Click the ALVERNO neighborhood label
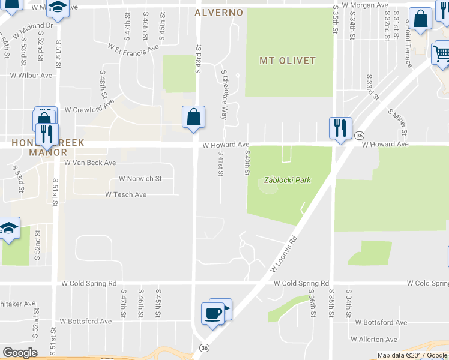(219, 12)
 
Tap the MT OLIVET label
(288, 61)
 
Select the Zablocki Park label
(288, 180)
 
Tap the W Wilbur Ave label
(31, 76)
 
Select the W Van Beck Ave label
(90, 163)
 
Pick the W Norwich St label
(140, 178)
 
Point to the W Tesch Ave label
(126, 194)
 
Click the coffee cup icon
(212, 313)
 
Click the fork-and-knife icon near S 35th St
(340, 127)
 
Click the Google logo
(20, 353)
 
